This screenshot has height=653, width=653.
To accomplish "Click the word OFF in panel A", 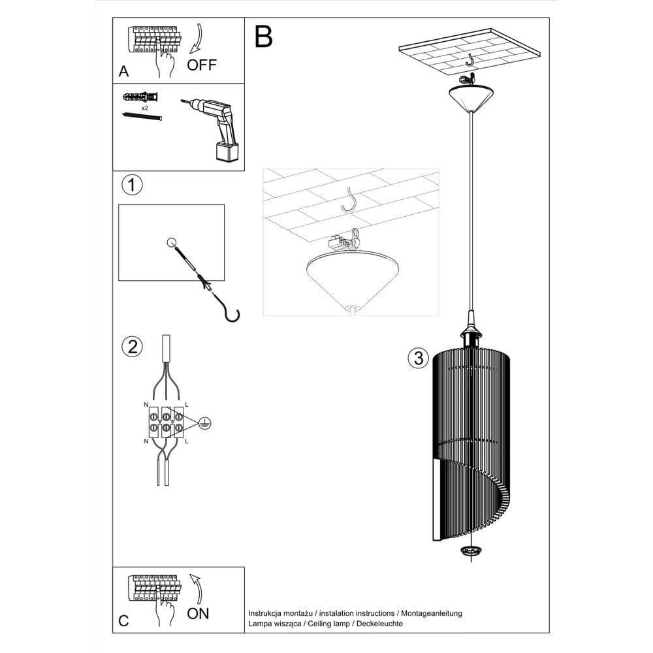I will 201,65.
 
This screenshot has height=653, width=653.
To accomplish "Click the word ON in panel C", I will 198,613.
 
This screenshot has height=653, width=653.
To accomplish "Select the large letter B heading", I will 263,37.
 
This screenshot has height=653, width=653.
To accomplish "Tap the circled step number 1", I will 132,185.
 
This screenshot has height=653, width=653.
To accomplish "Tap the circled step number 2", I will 132,347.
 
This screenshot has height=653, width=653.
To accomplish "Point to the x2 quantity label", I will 144,106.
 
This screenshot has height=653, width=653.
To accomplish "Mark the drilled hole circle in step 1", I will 171,243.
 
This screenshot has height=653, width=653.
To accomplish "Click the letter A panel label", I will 123,72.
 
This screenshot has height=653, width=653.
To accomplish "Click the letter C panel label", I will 123,621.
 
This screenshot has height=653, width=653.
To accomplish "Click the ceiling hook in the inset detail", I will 351,199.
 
